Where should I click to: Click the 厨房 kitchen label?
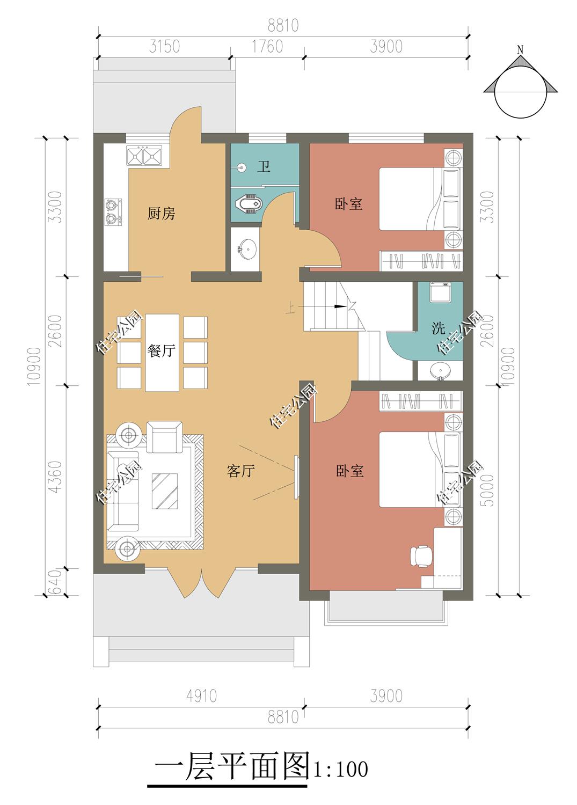(161, 214)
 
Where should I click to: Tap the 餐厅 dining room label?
(161, 351)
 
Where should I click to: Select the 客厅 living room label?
(240, 471)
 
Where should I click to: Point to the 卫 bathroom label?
(264, 167)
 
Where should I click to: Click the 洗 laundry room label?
(438, 328)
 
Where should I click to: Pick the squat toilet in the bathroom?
(249, 204)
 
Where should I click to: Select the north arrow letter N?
(520, 50)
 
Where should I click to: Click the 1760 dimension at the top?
(267, 47)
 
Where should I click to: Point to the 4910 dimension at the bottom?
(201, 696)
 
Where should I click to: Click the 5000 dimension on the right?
(488, 490)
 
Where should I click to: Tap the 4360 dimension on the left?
(56, 477)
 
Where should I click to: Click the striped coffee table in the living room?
(165, 491)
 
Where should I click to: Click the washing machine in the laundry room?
(440, 292)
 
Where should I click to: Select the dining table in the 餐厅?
(162, 353)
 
